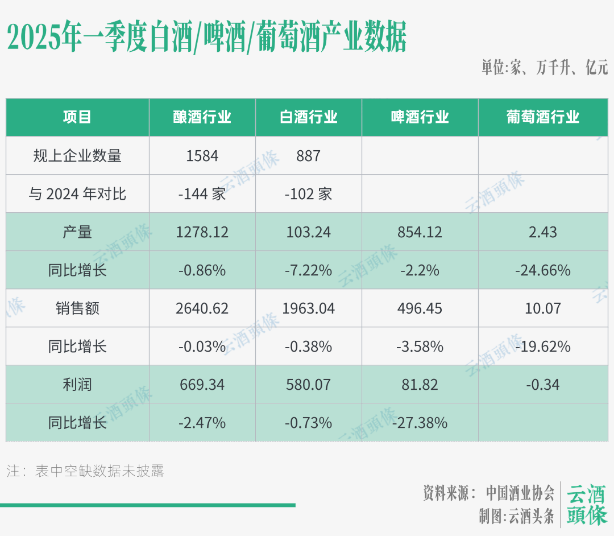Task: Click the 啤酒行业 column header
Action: [x=420, y=117]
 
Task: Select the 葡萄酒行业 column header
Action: [x=543, y=117]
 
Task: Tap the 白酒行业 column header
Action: [x=309, y=117]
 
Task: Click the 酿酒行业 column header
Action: [x=202, y=117]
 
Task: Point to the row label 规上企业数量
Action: [x=77, y=155]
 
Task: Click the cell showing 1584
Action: [x=202, y=155]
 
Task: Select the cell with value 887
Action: [x=309, y=155]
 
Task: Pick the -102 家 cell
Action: [x=309, y=194]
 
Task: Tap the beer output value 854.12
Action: [x=420, y=232]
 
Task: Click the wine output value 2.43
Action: [x=543, y=232]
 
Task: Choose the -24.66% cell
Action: [x=543, y=270]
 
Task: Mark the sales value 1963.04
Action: [x=309, y=308]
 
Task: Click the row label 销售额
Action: [x=77, y=308]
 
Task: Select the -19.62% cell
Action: [x=543, y=347]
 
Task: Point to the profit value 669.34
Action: [x=202, y=385]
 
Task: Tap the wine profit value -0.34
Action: [x=543, y=385]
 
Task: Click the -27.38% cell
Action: [x=420, y=423]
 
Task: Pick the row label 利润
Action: [x=77, y=385]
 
